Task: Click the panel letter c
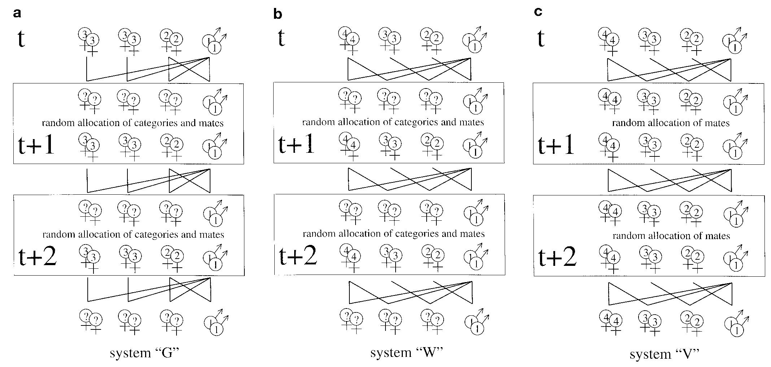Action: pyautogui.click(x=538, y=12)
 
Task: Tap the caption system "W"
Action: pyautogui.click(x=406, y=352)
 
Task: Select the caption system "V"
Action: pyautogui.click(x=665, y=354)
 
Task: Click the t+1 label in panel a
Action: pyautogui.click(x=36, y=145)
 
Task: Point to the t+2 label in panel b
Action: pyautogui.click(x=298, y=255)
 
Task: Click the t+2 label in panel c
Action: pyautogui.click(x=557, y=257)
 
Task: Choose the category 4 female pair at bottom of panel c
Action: pyautogui.click(x=611, y=323)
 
